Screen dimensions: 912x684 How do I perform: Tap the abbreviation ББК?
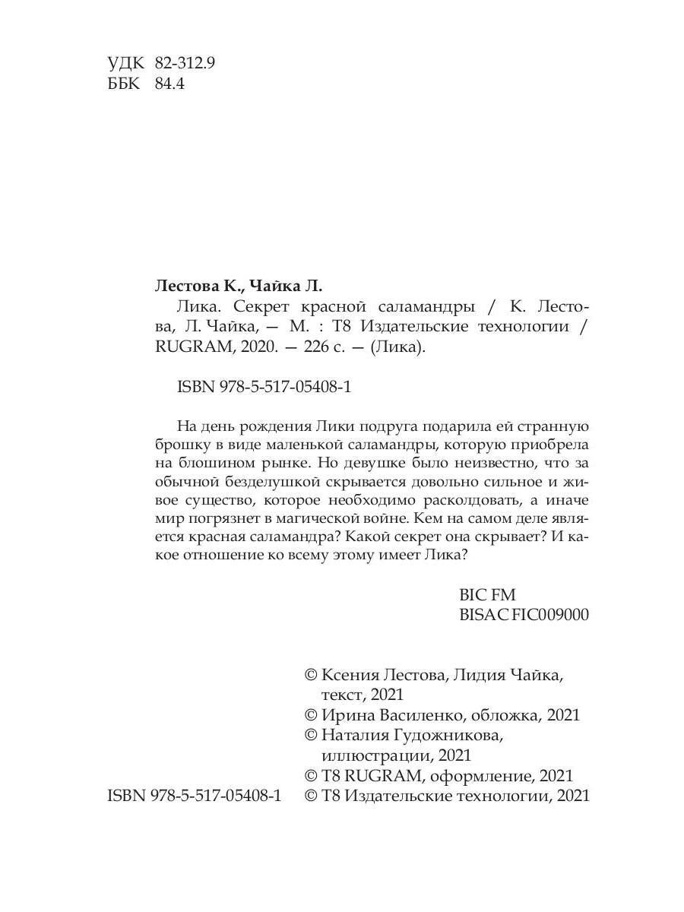(x=125, y=84)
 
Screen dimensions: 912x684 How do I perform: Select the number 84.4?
(x=169, y=84)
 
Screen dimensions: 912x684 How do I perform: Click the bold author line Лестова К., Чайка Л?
(x=239, y=287)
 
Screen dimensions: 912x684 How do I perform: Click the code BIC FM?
(x=487, y=595)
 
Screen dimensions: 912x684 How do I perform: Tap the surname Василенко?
(x=418, y=715)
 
